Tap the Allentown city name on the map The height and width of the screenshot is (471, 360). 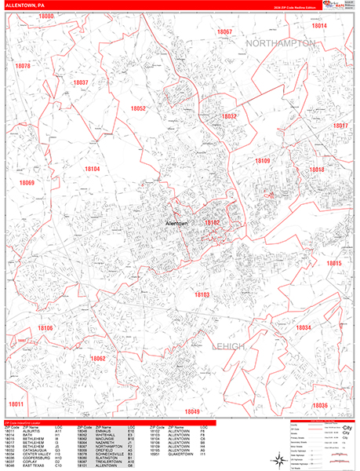tap(171, 223)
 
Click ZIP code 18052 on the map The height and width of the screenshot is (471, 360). tap(138, 108)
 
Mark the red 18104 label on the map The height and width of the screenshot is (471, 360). tap(93, 169)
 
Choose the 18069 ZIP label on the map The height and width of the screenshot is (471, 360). tap(27, 183)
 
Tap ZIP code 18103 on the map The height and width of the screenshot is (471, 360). tap(202, 294)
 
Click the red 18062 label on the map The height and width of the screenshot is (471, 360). tap(97, 358)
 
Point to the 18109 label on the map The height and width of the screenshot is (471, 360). tap(262, 160)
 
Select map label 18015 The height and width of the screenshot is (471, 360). tap(334, 263)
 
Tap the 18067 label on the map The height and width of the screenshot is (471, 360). tap(224, 31)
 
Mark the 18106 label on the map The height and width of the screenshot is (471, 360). tap(44, 327)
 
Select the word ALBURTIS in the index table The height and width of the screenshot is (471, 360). tap(32, 431)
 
